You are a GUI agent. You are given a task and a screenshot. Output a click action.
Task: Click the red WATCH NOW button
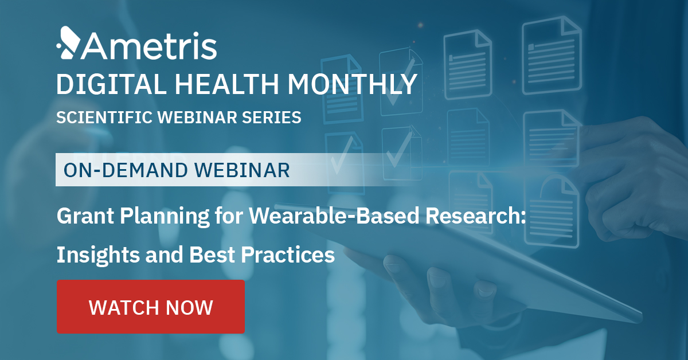tap(151, 307)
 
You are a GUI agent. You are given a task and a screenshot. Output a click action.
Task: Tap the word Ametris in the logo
tap(147, 46)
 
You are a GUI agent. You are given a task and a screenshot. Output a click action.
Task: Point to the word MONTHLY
tap(352, 84)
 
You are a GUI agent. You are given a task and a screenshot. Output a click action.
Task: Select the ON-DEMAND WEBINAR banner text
tap(177, 170)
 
